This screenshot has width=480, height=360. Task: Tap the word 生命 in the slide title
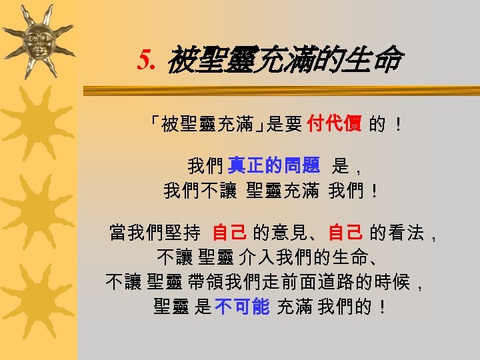376,61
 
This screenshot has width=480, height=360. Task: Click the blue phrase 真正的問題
274,165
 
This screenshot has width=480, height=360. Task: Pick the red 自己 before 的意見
230,233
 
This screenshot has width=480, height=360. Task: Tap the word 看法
405,233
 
